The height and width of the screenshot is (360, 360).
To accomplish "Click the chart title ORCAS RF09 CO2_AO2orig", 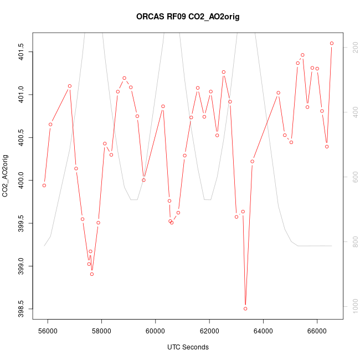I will pos(188,17).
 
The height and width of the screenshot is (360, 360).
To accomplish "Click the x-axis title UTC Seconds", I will pos(188,347).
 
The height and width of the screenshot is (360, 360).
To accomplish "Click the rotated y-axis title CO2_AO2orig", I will pos(6,176).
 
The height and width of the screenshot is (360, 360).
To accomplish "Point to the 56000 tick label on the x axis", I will pos(48,331).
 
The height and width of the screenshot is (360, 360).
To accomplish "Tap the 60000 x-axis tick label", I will pos(156,331).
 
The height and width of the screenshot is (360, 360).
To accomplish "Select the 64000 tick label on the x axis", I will pos(263,331).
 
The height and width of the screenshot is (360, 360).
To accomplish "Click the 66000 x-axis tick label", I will pos(317,331).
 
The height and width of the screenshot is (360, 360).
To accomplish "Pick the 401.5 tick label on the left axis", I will pos(20,52).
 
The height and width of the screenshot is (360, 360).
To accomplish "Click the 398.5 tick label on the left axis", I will pos(20,308).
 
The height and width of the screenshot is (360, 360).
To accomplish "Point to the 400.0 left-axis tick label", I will pos(20,181).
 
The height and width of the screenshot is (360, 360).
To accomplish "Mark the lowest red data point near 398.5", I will pos(245,308).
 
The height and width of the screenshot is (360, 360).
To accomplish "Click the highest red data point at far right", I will pos(332,43).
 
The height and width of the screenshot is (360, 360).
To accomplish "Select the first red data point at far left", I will pos(44,186).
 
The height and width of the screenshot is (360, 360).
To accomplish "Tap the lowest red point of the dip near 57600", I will pos(92,274).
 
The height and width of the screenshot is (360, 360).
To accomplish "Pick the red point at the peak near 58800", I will pos(124,78).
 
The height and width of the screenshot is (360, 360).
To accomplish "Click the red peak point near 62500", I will pos(224,72).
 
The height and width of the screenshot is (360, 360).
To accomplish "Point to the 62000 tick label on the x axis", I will pos(209,331).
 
